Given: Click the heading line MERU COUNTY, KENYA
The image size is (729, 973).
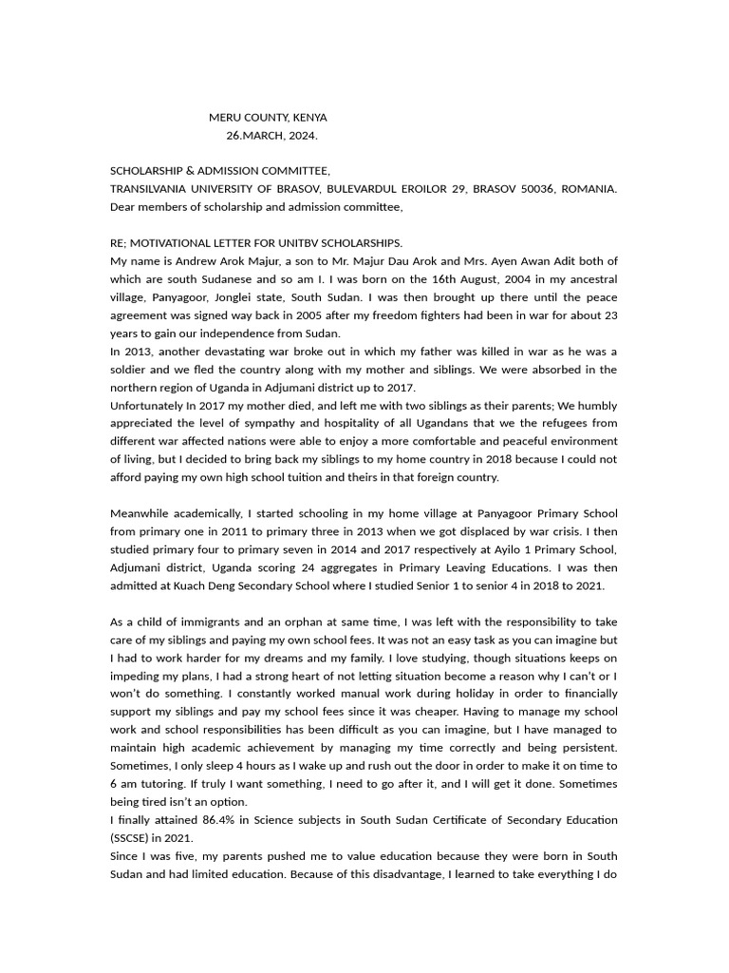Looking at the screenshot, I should pyautogui.click(x=268, y=118).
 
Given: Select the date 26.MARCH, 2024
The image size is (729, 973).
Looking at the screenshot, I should pyautogui.click(x=271, y=135).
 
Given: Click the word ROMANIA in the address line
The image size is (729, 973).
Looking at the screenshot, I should pyautogui.click(x=589, y=189).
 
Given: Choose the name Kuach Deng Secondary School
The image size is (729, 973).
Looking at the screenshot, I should pyautogui.click(x=253, y=586).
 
